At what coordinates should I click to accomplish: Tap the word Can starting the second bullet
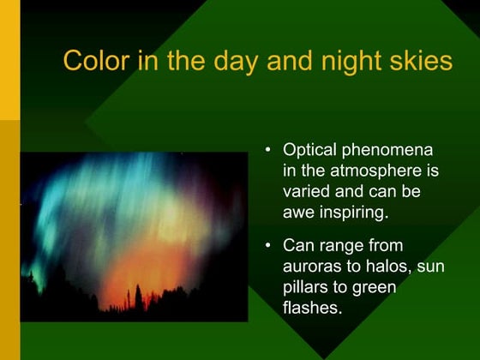pos(298,248)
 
